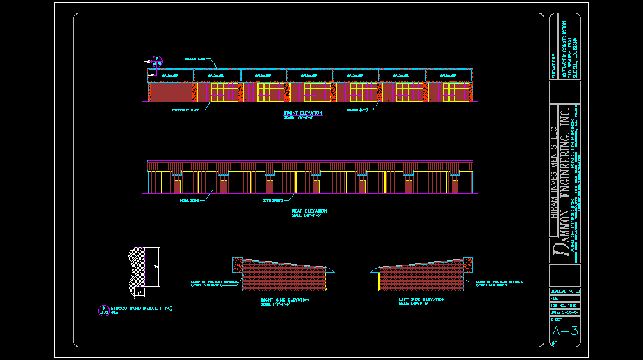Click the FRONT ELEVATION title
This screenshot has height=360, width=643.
303,113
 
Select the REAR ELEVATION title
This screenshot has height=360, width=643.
309,210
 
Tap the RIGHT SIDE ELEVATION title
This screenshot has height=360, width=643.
284,300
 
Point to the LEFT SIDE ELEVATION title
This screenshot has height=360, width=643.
421,300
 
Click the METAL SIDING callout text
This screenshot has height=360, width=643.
189,200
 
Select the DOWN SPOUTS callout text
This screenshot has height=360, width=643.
272,200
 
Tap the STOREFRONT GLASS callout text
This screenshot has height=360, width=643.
184,110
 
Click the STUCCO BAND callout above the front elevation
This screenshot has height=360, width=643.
194,59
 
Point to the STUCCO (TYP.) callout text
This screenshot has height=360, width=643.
357,110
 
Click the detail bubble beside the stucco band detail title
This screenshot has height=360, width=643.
102,311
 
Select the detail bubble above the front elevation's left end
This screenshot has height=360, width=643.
156,61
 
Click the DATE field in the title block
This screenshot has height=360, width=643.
564,312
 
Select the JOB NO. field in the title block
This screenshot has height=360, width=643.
564,306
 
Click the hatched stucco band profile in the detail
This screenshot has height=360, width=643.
136,269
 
